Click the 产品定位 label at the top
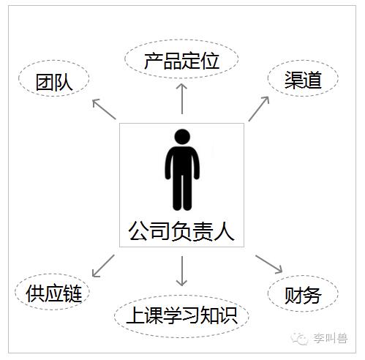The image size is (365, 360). click(x=181, y=61)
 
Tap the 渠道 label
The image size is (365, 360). click(x=303, y=80)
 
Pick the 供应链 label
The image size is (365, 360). click(x=54, y=293)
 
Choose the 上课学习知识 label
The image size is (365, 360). click(x=182, y=315)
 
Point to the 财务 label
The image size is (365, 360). click(x=303, y=295)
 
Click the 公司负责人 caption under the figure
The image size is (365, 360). click(x=181, y=230)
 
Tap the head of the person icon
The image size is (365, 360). click(x=182, y=137)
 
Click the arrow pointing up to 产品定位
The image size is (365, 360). click(x=182, y=99)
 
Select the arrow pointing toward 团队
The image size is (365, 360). click(x=104, y=109)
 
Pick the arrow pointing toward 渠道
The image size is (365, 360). click(x=259, y=109)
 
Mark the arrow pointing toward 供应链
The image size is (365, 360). click(x=103, y=266)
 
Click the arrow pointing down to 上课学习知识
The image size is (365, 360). click(x=182, y=271)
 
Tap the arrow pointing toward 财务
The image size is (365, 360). click(x=269, y=264)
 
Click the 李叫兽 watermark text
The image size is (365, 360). click(x=331, y=338)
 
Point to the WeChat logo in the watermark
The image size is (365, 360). click(x=299, y=339)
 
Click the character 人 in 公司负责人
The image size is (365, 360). click(x=224, y=230)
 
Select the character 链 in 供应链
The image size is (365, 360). click(x=72, y=293)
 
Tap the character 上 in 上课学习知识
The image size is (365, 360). click(x=135, y=315)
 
